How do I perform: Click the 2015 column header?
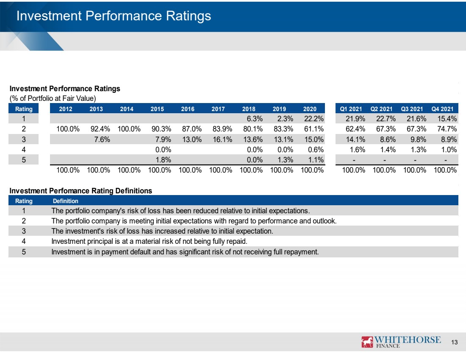(x=157, y=109)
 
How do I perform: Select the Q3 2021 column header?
(x=412, y=109)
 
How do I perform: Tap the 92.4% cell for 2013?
(x=100, y=129)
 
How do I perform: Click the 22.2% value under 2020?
(x=314, y=119)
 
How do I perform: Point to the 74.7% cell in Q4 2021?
(x=447, y=129)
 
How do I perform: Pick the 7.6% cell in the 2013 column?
(x=102, y=139)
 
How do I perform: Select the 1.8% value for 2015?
(x=163, y=160)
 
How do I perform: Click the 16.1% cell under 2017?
(x=222, y=139)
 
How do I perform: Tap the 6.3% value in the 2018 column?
(x=255, y=119)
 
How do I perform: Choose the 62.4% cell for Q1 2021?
(x=355, y=129)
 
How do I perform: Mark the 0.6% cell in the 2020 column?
(x=316, y=150)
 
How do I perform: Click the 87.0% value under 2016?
(x=192, y=129)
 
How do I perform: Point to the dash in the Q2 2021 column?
(x=385, y=160)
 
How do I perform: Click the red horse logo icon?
(x=367, y=342)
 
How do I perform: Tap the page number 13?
(x=455, y=342)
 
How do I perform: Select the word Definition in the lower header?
(x=65, y=201)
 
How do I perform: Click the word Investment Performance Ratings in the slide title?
(x=114, y=16)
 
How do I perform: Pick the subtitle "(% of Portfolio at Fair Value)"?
(x=53, y=98)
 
